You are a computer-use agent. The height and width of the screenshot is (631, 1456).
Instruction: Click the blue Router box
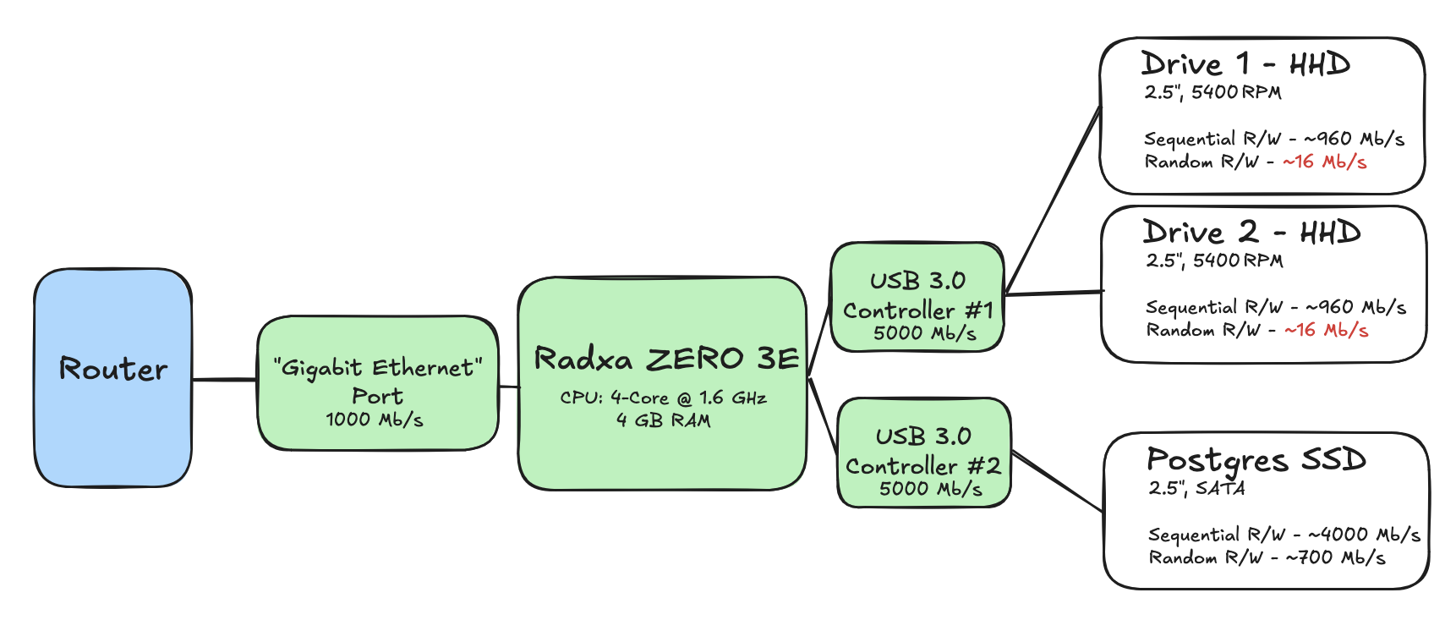pyautogui.click(x=112, y=377)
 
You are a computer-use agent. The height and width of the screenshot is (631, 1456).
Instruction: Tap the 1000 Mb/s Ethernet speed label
pyautogui.click(x=375, y=420)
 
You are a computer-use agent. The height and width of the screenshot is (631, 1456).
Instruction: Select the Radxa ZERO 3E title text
pyautogui.click(x=666, y=359)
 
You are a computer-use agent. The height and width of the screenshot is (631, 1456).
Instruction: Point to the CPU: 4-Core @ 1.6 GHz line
pyautogui.click(x=663, y=398)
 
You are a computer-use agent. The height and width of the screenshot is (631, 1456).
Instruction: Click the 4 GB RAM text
pyautogui.click(x=663, y=420)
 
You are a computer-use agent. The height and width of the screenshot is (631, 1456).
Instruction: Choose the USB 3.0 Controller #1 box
pyautogui.click(x=917, y=297)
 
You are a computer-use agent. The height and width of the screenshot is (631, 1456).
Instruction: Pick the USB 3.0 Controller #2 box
pyautogui.click(x=923, y=453)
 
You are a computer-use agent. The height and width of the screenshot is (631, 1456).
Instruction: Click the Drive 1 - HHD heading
pyautogui.click(x=1245, y=64)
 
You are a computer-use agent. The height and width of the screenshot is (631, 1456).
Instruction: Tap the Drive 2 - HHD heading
pyautogui.click(x=1251, y=233)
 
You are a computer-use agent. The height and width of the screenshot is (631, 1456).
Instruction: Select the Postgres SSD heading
pyautogui.click(x=1256, y=460)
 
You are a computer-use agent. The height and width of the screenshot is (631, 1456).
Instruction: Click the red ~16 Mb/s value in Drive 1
pyautogui.click(x=1325, y=162)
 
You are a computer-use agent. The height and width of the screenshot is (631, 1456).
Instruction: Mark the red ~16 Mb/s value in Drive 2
pyautogui.click(x=1327, y=330)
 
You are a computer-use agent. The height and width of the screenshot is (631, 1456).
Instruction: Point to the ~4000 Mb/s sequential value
pyautogui.click(x=1364, y=535)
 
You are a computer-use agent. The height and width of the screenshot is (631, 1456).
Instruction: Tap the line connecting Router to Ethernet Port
pyautogui.click(x=225, y=380)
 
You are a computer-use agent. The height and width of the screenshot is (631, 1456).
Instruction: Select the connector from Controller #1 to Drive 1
pyautogui.click(x=1053, y=200)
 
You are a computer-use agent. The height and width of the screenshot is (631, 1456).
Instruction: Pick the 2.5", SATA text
pyautogui.click(x=1196, y=488)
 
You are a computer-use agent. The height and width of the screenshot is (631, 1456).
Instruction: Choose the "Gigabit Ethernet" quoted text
pyautogui.click(x=377, y=368)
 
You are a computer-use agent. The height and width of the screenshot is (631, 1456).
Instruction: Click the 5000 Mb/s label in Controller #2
pyautogui.click(x=930, y=489)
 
